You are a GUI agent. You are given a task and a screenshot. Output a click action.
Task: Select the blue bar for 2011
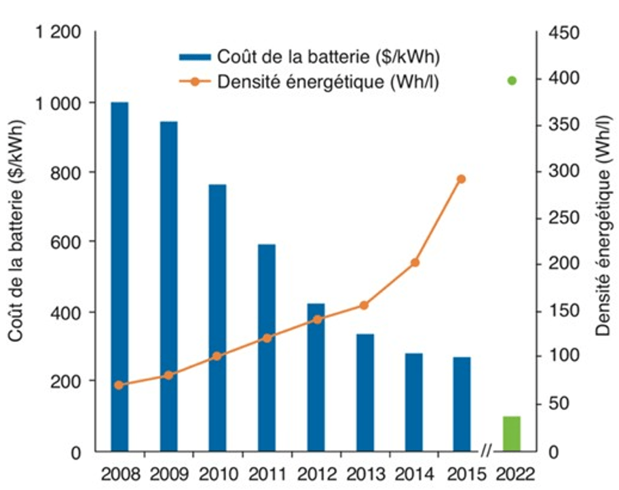coord(267,347)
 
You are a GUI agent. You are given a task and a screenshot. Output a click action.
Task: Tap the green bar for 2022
coord(511,434)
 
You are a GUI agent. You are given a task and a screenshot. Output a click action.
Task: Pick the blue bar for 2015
coord(462,404)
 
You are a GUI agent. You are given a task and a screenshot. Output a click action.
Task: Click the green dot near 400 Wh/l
coord(512,81)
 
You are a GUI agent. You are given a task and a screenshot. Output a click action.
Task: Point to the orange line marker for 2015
coord(462,179)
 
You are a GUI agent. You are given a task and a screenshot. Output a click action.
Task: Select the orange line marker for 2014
coord(415,263)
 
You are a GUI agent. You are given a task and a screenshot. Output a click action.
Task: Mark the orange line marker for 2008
coord(119,385)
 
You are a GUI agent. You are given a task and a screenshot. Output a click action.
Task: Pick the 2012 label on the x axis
coord(316,472)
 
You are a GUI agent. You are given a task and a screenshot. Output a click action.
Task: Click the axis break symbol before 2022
coord(485,451)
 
